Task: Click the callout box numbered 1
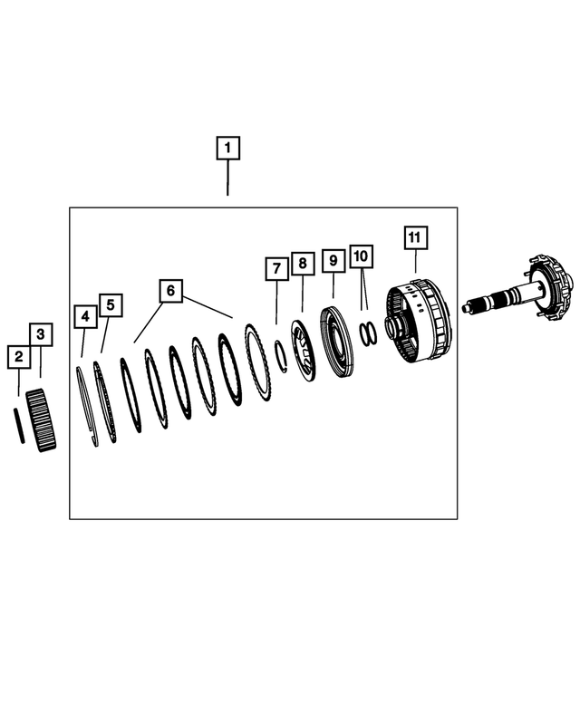(227, 147)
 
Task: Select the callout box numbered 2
(18, 357)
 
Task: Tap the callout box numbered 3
(40, 334)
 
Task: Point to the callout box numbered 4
(85, 317)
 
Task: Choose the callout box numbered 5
(110, 304)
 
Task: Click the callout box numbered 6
(169, 291)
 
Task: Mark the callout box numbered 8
(303, 265)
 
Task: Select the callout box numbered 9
(333, 261)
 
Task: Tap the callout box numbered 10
(362, 256)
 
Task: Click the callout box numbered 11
(415, 237)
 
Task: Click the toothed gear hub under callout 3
(41, 420)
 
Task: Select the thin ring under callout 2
(18, 424)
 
